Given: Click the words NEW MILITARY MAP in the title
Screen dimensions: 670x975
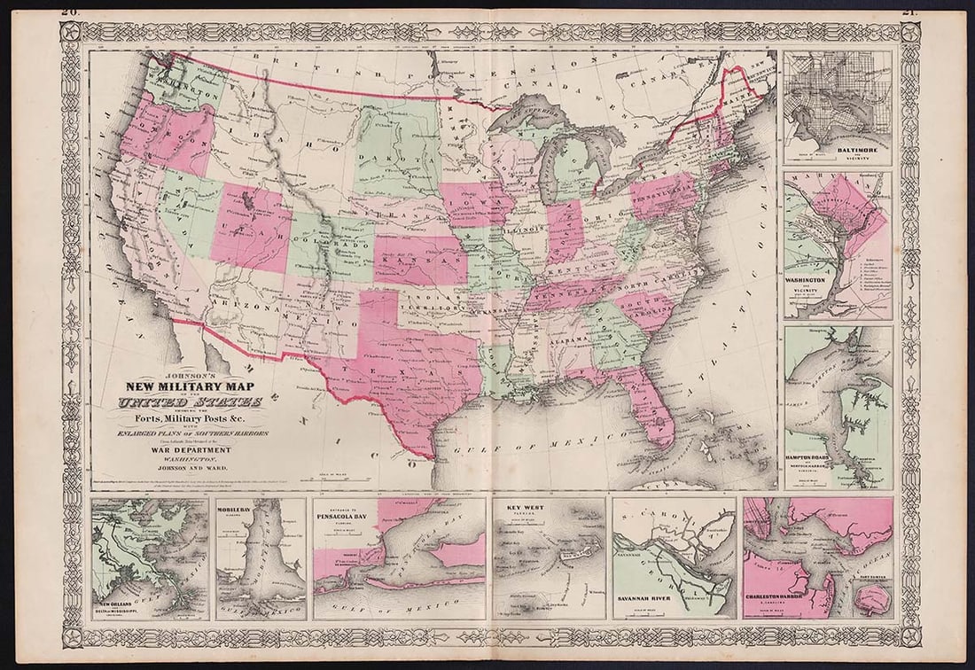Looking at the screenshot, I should [190, 386].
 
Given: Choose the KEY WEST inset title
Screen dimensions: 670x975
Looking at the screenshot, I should [524, 508].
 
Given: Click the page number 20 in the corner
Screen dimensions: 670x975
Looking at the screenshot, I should [70, 12].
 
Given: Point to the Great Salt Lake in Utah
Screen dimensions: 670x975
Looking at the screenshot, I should [243, 202].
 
